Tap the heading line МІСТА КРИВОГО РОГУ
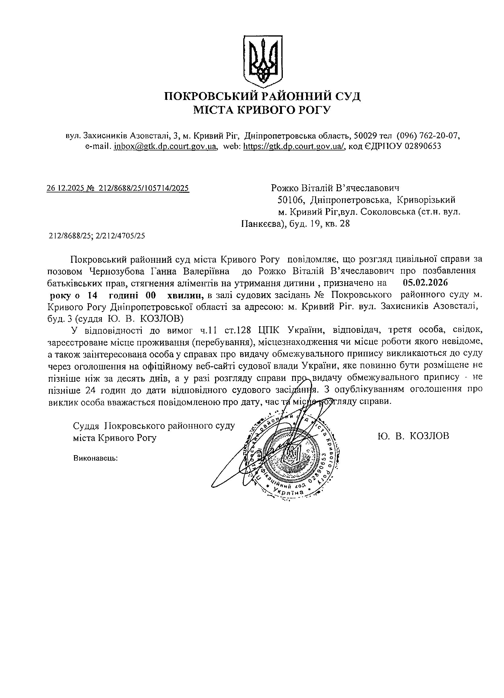pos(262,110)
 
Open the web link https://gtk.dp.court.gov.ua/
pos(294,146)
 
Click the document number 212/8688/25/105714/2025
pos(144,188)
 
